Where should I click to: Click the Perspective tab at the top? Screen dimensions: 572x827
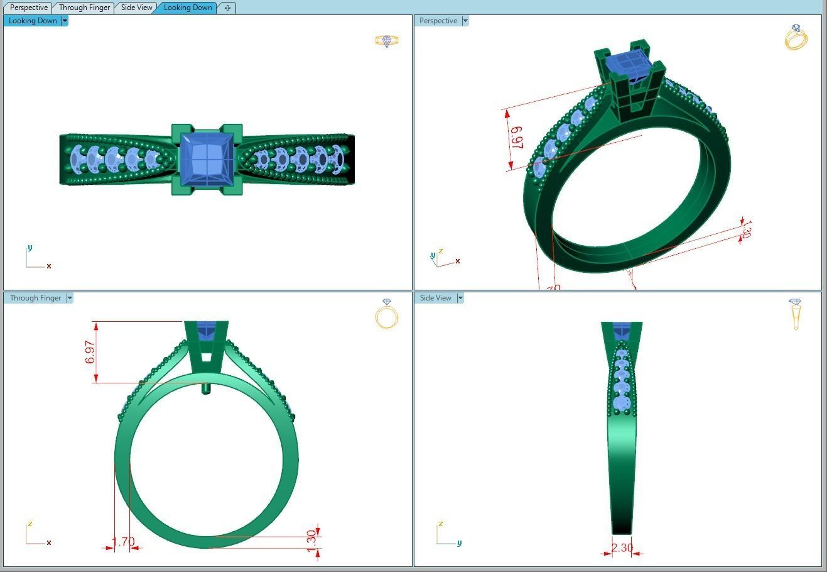(x=29, y=8)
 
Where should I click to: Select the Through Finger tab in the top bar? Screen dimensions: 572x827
(x=84, y=8)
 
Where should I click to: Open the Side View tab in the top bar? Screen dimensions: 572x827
(x=136, y=8)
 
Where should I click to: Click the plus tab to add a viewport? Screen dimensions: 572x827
(x=227, y=8)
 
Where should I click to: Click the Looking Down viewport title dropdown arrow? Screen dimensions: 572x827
(x=65, y=21)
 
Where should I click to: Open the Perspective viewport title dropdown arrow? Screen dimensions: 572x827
(x=465, y=21)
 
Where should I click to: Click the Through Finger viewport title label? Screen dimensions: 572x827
(x=35, y=298)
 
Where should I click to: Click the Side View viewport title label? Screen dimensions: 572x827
(x=435, y=298)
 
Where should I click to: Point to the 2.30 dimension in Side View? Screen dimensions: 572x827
(x=622, y=547)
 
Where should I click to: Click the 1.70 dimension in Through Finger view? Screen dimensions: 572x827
(x=123, y=541)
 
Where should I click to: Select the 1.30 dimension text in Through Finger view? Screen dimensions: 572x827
(x=311, y=541)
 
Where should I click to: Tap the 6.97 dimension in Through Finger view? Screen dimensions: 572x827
(x=90, y=352)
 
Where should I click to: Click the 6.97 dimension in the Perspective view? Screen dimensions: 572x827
(x=517, y=138)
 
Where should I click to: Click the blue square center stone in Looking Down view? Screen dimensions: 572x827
(x=207, y=159)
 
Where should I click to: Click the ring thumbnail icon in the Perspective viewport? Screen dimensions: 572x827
(x=796, y=38)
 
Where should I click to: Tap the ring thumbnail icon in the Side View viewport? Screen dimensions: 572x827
(x=796, y=313)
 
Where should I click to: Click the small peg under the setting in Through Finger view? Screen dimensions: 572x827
(x=206, y=388)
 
